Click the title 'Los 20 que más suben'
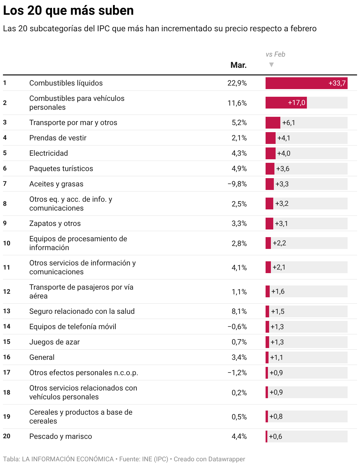click(68, 11)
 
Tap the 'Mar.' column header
click(238, 65)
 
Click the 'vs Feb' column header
click(275, 54)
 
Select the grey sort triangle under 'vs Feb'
click(271, 65)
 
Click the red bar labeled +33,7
click(306, 83)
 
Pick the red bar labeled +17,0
click(286, 103)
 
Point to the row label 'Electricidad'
click(49, 153)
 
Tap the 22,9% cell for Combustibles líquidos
click(237, 83)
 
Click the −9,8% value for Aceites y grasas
click(237, 184)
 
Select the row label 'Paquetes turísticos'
click(61, 168)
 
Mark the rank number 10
click(6, 243)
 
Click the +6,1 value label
click(289, 123)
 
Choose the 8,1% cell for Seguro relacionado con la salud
click(239, 311)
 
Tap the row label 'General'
click(42, 357)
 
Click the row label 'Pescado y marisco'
click(60, 436)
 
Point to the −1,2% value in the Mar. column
click(237, 373)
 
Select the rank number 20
click(6, 436)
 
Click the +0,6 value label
click(276, 437)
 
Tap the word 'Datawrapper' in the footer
click(227, 459)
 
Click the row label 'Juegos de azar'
click(54, 342)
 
